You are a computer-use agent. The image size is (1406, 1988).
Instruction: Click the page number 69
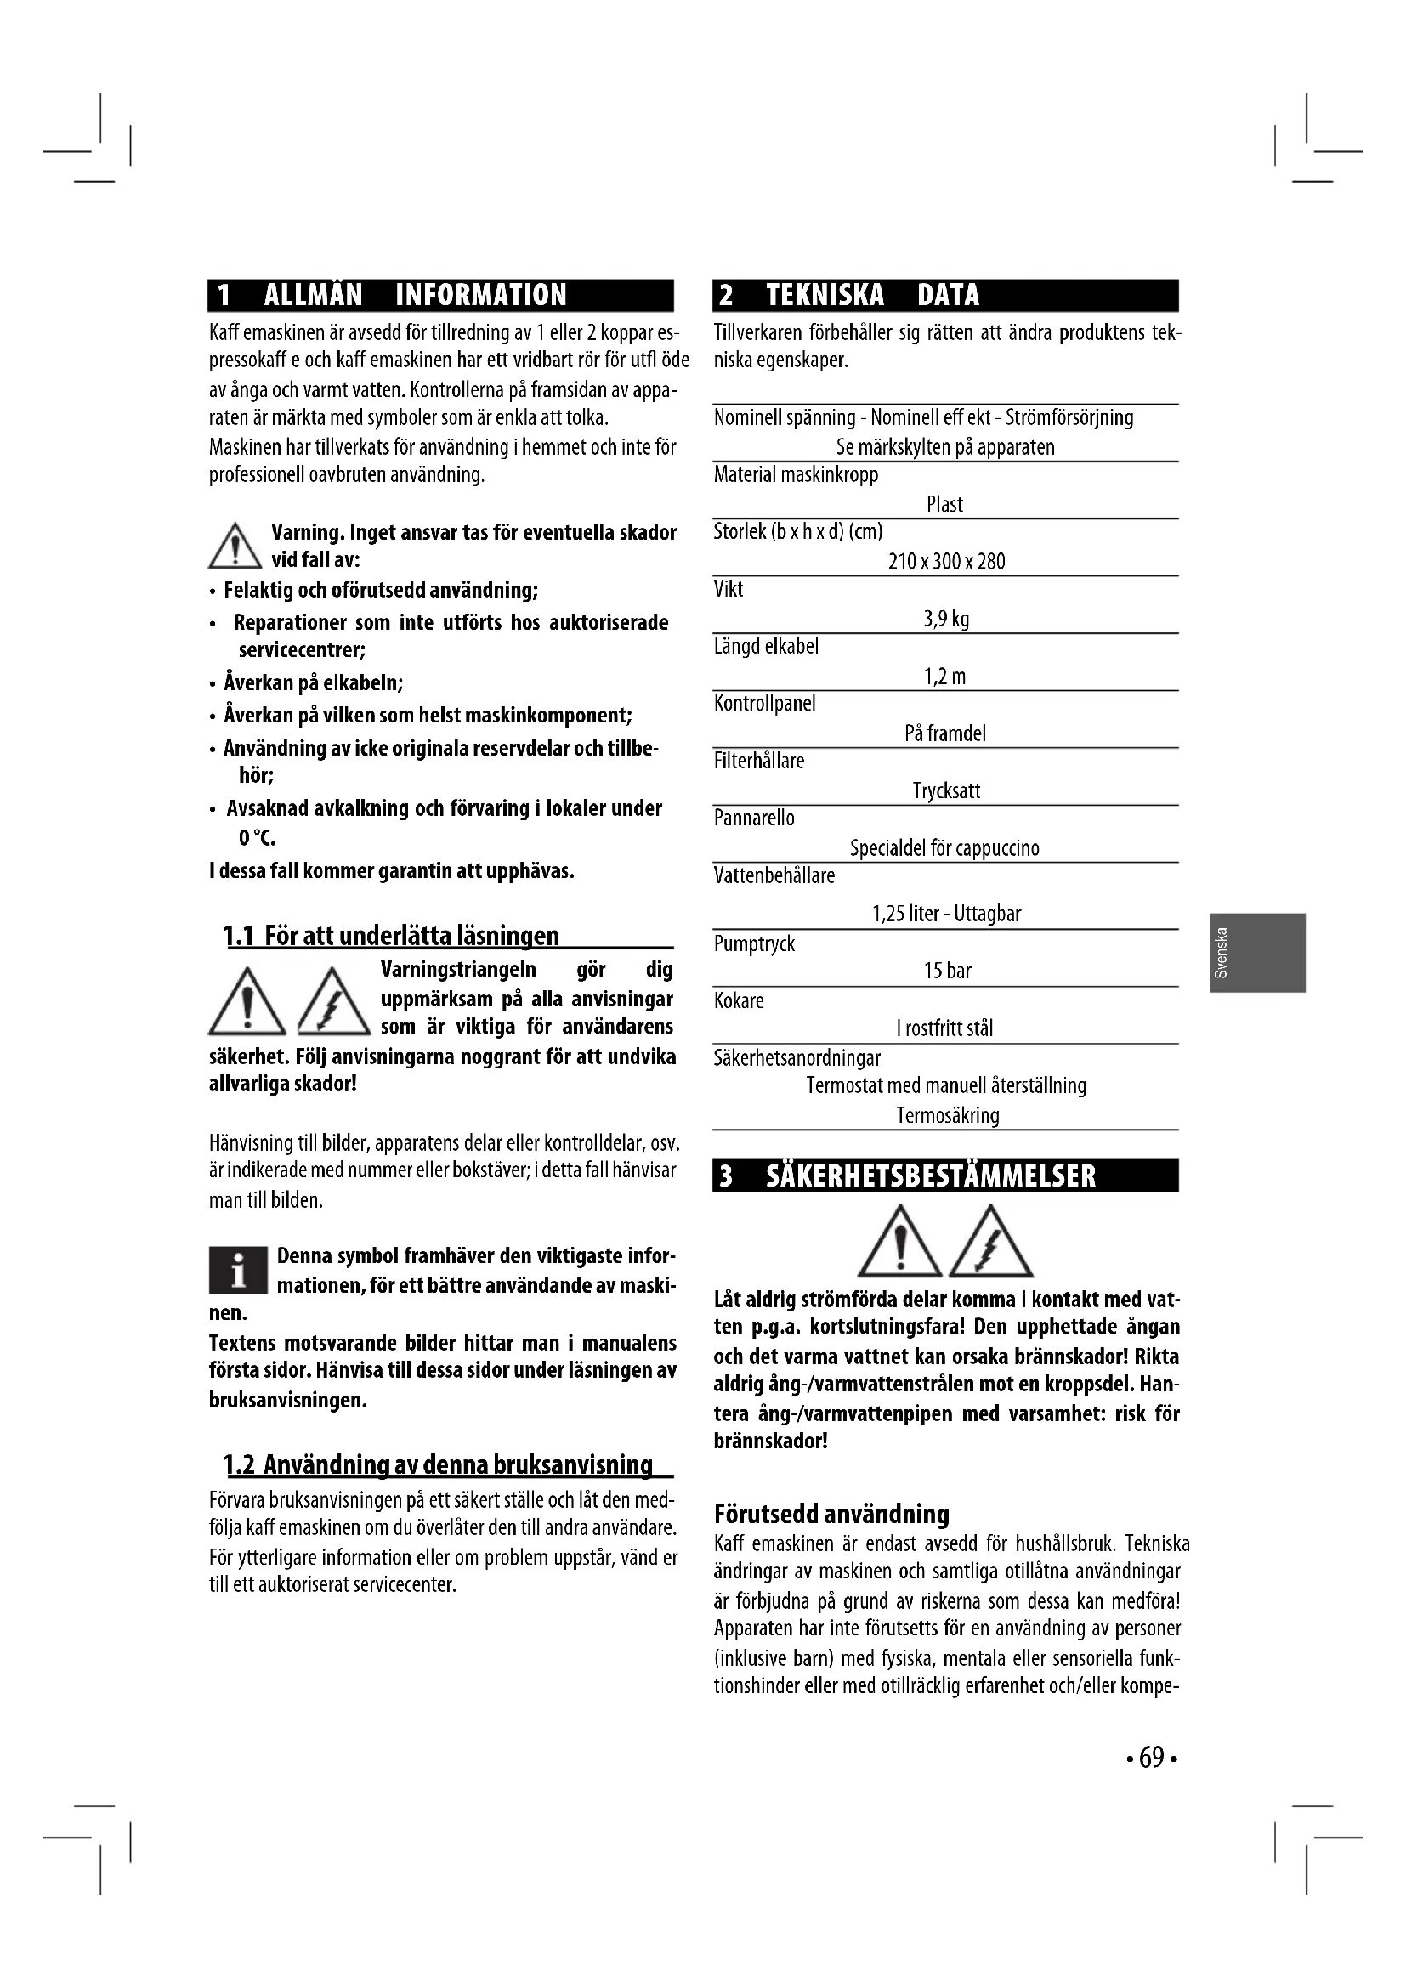pyautogui.click(x=1152, y=1759)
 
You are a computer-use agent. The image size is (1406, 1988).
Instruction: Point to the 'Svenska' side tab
pyautogui.click(x=1257, y=953)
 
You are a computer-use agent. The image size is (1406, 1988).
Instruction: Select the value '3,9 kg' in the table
pyautogui.click(x=945, y=619)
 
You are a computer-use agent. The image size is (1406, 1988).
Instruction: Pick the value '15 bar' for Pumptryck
pyautogui.click(x=947, y=971)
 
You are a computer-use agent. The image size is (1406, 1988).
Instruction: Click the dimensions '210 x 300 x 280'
pyautogui.click(x=946, y=562)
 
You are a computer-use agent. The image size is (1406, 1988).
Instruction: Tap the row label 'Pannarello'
pyautogui.click(x=753, y=818)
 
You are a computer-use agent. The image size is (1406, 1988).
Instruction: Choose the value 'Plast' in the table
pyautogui.click(x=944, y=505)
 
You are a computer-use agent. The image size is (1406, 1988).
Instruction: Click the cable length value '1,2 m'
pyautogui.click(x=944, y=677)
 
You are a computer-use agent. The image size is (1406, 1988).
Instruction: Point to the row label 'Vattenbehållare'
pyautogui.click(x=774, y=876)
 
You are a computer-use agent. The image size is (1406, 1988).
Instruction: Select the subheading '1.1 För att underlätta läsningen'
pyautogui.click(x=391, y=936)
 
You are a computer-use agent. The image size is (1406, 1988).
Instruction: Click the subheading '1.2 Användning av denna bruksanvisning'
pyautogui.click(x=438, y=1465)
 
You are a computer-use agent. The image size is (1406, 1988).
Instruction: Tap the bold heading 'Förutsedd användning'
pyautogui.click(x=831, y=1515)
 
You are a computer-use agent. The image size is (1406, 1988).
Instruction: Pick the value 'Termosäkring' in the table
pyautogui.click(x=947, y=1116)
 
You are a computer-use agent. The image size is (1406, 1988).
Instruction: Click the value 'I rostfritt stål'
pyautogui.click(x=944, y=1028)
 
